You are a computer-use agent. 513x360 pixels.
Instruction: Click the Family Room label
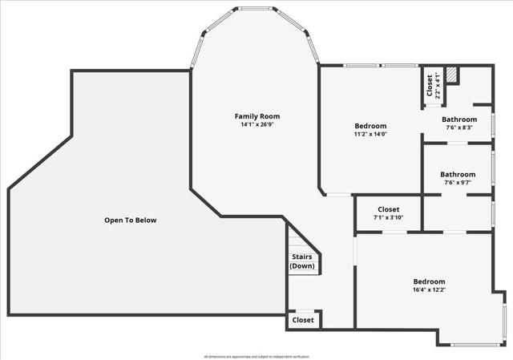click(x=257, y=116)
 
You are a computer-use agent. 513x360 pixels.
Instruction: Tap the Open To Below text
click(x=131, y=220)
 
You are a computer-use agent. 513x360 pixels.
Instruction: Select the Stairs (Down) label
click(x=302, y=261)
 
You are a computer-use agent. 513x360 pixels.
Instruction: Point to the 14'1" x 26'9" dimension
click(x=257, y=125)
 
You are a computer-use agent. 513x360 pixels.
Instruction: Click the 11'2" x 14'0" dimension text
click(x=370, y=135)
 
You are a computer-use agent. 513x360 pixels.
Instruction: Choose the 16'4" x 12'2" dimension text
click(x=429, y=291)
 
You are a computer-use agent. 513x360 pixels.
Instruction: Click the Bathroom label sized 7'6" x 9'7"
click(x=458, y=174)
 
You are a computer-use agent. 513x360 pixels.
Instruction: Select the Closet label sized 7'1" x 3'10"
click(x=388, y=209)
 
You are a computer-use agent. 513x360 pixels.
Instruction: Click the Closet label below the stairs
click(x=303, y=320)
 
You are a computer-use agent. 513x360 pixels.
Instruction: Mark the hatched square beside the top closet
click(x=452, y=75)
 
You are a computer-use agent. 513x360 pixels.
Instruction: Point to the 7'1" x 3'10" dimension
click(x=388, y=218)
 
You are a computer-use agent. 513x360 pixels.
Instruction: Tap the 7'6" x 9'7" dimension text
click(x=458, y=182)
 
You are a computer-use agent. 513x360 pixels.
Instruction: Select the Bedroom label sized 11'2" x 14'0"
click(x=370, y=126)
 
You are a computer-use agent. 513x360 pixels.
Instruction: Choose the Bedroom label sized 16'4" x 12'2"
click(x=429, y=281)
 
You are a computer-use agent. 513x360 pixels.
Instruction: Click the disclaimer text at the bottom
click(x=256, y=356)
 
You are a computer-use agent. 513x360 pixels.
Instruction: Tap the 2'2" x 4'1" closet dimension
click(x=438, y=85)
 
